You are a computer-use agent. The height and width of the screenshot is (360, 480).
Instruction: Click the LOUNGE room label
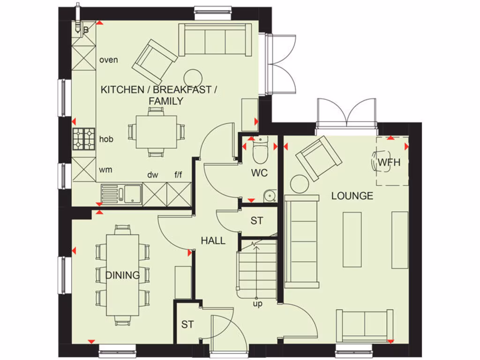pyautogui.click(x=352, y=196)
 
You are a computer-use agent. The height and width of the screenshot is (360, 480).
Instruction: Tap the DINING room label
pyautogui.click(x=122, y=275)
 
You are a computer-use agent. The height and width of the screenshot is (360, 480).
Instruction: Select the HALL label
pyautogui.click(x=213, y=240)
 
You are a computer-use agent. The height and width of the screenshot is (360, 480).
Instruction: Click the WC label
pyautogui.click(x=259, y=173)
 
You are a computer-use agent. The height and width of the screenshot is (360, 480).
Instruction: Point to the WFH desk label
pyautogui.click(x=389, y=163)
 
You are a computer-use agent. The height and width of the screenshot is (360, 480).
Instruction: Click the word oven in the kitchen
pyautogui.click(x=109, y=60)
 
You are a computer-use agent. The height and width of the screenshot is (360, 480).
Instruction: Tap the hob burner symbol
pyautogui.click(x=84, y=138)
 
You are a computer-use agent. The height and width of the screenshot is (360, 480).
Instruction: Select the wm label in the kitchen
pyautogui.click(x=105, y=170)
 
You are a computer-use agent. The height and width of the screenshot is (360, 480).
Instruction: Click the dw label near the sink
pyautogui.click(x=153, y=175)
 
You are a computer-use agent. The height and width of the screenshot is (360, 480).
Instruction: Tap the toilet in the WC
pyautogui.click(x=259, y=150)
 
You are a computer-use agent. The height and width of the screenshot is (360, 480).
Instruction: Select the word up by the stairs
pyautogui.click(x=257, y=304)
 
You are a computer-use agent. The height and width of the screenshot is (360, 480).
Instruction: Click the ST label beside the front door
pyautogui.click(x=187, y=324)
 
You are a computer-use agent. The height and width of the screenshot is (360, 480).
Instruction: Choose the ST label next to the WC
pyautogui.click(x=256, y=220)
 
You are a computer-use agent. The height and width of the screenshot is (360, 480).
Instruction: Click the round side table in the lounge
pyautogui.click(x=299, y=183)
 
